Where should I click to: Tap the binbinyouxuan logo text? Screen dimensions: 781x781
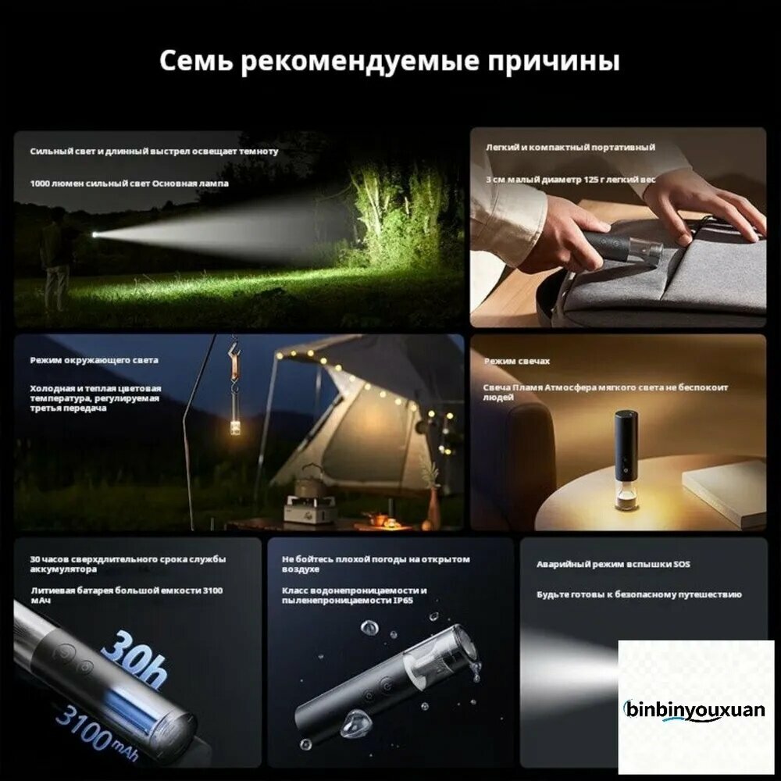[694, 709]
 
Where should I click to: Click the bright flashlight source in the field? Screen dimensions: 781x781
[95, 234]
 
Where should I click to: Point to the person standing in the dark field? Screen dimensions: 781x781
[55, 265]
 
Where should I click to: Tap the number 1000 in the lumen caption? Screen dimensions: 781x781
[40, 184]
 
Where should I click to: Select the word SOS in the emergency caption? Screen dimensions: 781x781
[681, 564]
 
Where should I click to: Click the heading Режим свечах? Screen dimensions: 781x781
[516, 361]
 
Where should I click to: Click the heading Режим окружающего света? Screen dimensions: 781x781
[95, 360]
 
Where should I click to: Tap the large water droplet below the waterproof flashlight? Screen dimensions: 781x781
[355, 723]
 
